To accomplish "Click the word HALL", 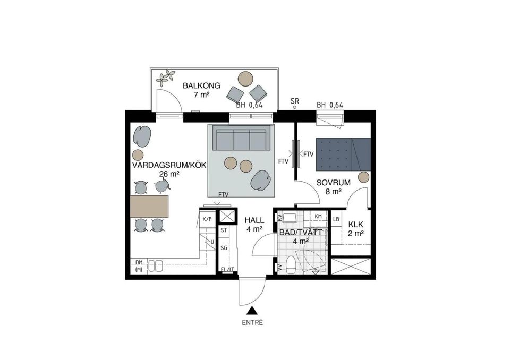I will click(x=254, y=220).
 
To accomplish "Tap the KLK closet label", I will click(x=355, y=224).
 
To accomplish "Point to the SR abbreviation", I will click(x=295, y=100).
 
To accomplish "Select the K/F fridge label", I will click(x=207, y=218).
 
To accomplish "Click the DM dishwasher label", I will click(x=139, y=262).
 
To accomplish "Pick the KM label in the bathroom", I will click(x=318, y=216).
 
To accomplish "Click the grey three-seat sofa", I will click(x=240, y=139).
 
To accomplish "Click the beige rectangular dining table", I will click(x=149, y=205).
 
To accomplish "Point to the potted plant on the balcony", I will click(x=165, y=78).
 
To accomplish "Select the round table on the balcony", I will click(x=245, y=79).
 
